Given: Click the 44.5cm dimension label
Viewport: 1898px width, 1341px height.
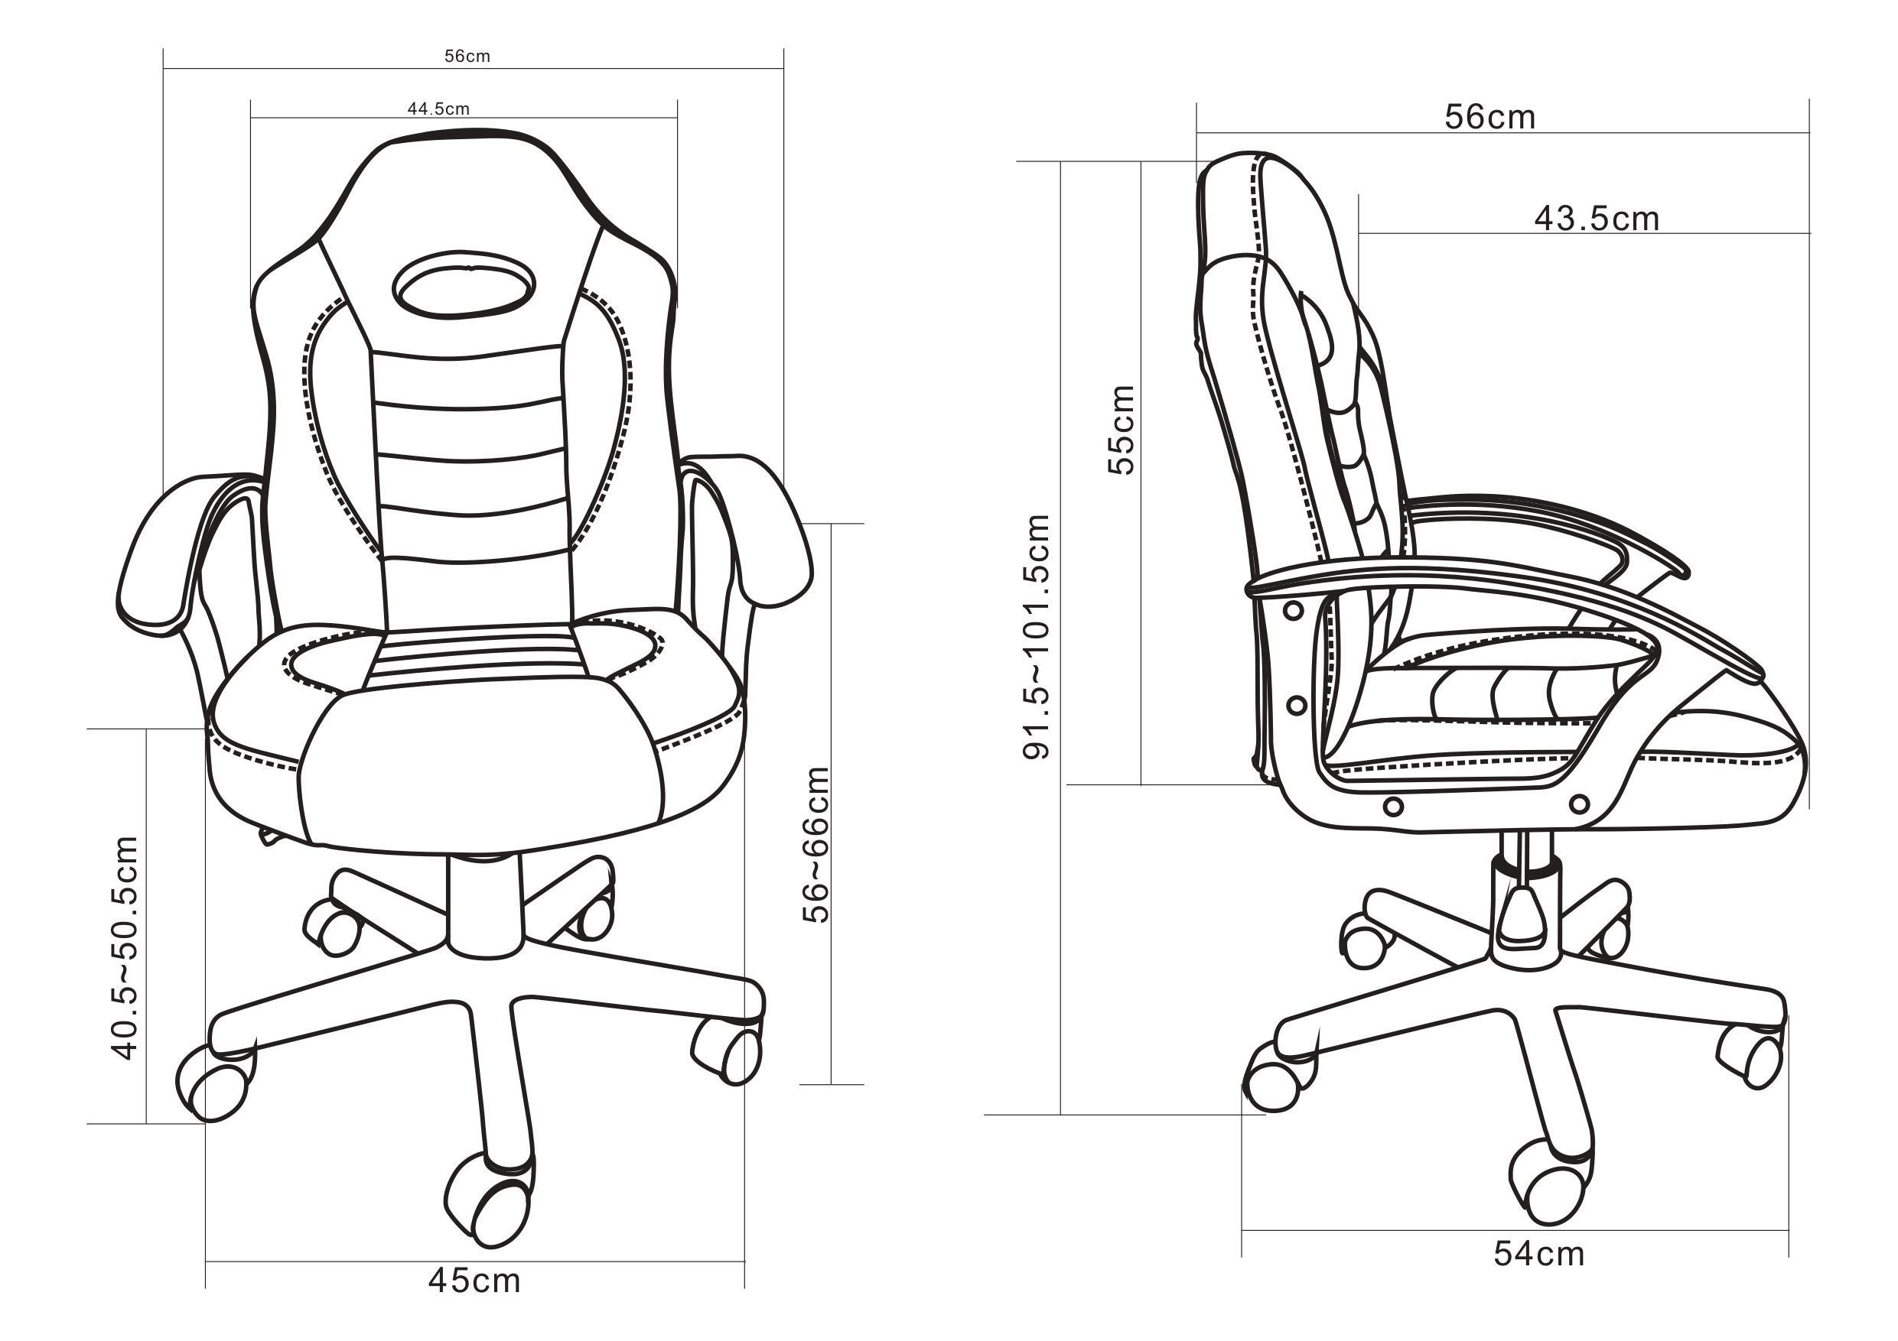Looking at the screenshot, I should [x=438, y=109].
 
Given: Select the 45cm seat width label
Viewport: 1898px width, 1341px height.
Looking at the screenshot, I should [x=474, y=1281].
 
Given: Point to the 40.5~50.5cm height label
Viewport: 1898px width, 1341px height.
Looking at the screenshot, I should [x=125, y=948].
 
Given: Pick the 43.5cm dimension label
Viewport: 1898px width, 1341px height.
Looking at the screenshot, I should [x=1597, y=219].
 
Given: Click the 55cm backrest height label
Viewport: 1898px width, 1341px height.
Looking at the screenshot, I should [x=1121, y=430].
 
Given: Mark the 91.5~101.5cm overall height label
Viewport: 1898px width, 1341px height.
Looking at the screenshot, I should [x=1037, y=636].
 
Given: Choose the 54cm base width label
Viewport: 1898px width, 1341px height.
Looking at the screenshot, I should [x=1538, y=1255].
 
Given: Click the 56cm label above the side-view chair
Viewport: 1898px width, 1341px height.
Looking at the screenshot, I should [x=1489, y=117].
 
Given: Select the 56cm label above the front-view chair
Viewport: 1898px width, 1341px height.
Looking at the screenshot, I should [x=467, y=56].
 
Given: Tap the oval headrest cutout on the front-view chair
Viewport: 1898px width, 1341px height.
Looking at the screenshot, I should [x=464, y=285].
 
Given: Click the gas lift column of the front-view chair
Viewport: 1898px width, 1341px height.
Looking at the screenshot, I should [x=485, y=904].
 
